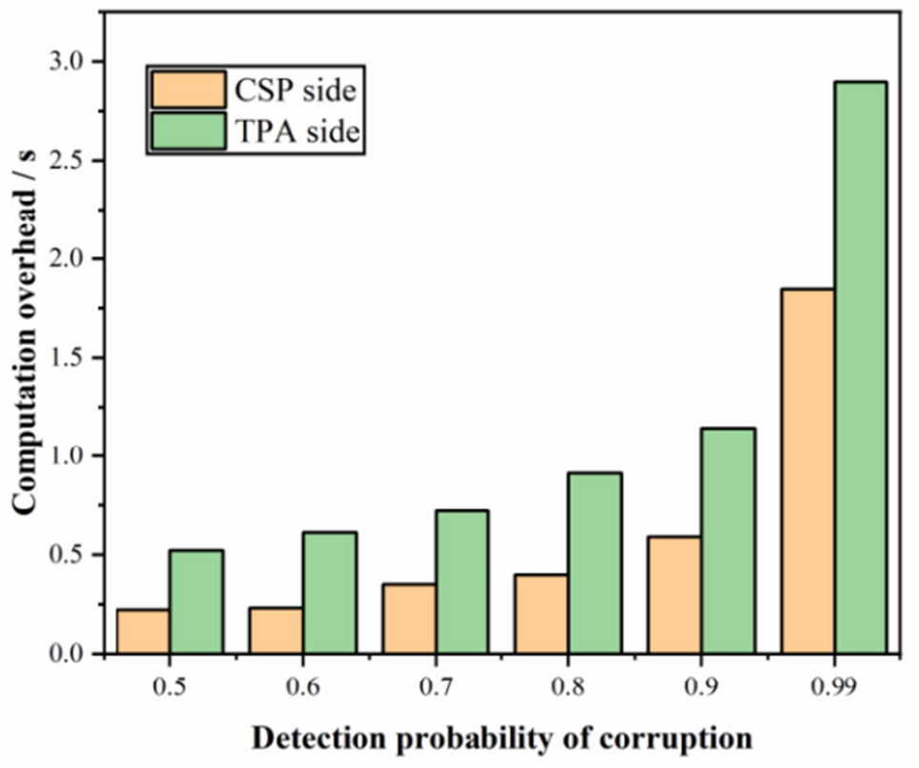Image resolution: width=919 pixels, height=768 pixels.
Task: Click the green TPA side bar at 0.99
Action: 860,368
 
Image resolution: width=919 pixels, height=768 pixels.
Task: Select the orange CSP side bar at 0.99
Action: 807,472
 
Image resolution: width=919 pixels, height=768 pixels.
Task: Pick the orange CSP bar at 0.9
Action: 674,596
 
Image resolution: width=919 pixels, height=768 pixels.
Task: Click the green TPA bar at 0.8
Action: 595,563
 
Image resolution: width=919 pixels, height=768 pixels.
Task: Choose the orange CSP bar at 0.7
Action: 409,619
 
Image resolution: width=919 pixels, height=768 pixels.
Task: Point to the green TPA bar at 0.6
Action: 329,593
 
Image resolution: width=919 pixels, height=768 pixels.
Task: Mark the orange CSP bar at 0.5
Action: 143,632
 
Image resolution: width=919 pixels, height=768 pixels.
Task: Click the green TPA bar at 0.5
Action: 196,602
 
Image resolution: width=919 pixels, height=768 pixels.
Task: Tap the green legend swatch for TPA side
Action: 187,132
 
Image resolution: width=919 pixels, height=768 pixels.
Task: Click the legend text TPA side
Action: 298,132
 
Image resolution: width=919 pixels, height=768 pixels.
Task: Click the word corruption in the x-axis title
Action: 678,738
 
